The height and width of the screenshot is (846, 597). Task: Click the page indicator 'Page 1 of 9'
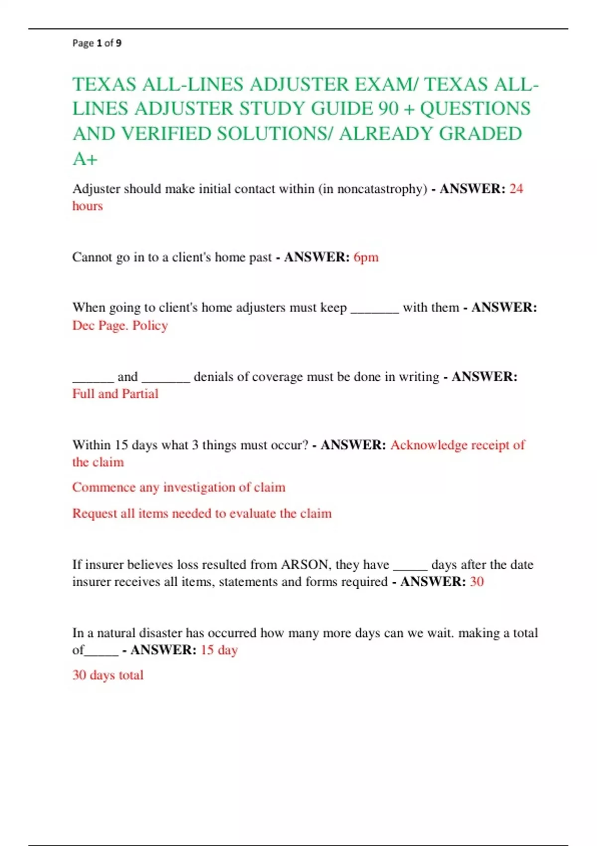point(97,43)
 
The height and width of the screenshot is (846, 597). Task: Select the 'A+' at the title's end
point(85,159)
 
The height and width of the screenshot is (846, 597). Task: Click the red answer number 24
point(516,189)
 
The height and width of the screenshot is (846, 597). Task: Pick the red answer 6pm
point(366,257)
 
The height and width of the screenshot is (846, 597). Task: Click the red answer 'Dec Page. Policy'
point(120,325)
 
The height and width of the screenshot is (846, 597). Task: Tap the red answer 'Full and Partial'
point(115,394)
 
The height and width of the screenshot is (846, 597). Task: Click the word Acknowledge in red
point(428,445)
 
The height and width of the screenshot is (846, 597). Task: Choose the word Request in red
point(95,514)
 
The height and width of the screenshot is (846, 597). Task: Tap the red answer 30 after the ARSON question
point(477,582)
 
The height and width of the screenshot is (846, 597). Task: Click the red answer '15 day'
point(219,650)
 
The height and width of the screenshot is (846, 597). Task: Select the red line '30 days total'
point(108,675)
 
